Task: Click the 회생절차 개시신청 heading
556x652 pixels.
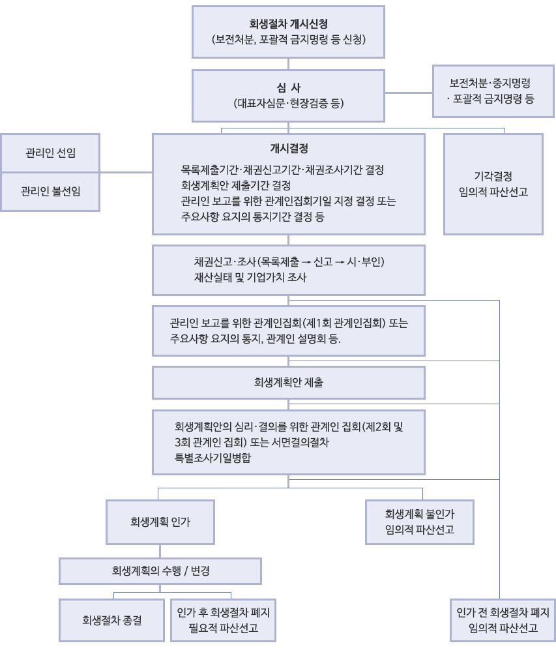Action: [288, 23]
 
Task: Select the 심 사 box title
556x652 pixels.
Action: [288, 88]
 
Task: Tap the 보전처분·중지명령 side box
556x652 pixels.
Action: [493, 91]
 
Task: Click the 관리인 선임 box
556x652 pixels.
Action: [50, 153]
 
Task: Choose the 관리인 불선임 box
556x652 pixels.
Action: [50, 192]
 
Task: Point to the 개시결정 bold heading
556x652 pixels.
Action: [289, 149]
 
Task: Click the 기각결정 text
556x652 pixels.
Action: [493, 176]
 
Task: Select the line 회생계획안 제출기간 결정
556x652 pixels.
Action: [235, 185]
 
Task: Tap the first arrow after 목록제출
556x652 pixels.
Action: [306, 262]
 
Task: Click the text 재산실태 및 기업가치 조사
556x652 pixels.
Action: [250, 277]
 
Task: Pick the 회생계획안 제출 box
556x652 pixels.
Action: [288, 383]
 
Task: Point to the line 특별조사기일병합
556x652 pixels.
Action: [212, 458]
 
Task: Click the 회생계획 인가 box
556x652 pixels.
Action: [160, 522]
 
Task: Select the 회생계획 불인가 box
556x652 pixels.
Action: [420, 522]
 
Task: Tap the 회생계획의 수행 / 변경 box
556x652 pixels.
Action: [160, 571]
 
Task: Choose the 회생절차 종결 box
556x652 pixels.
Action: [111, 621]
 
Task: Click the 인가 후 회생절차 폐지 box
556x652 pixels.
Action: [223, 621]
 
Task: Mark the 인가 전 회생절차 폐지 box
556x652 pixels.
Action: [503, 621]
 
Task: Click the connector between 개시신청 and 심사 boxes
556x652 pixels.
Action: [288, 64]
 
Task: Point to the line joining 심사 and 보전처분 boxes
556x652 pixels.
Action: [409, 93]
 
